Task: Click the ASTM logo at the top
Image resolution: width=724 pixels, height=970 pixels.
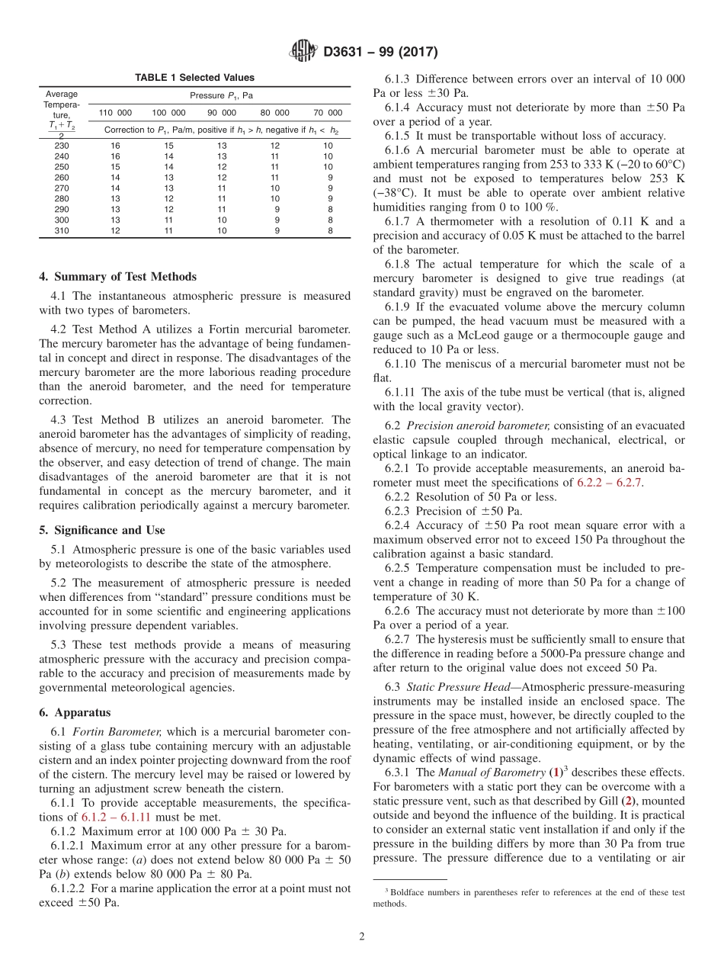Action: coord(303,52)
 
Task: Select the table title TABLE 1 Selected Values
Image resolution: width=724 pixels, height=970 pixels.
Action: coord(194,78)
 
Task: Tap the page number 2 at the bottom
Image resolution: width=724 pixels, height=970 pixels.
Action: coord(362,936)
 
